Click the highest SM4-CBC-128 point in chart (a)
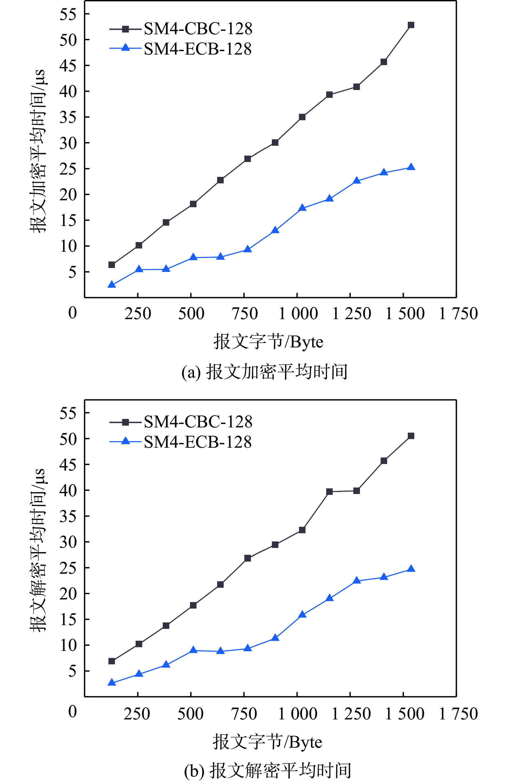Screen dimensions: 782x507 [x=411, y=25]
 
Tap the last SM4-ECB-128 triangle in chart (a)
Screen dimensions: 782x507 [x=411, y=167]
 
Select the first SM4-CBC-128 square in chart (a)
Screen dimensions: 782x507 [x=112, y=265]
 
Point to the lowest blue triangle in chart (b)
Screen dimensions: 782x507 [x=112, y=683]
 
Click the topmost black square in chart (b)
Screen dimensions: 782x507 [x=411, y=436]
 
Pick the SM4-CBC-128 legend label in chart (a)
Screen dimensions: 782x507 [x=198, y=29]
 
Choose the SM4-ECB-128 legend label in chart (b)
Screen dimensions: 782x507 [x=198, y=442]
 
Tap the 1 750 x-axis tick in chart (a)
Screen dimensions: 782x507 [x=458, y=313]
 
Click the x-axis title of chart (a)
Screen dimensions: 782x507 [x=268, y=342]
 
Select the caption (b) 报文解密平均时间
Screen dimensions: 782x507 [x=267, y=771]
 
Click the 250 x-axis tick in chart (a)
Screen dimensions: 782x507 [x=138, y=313]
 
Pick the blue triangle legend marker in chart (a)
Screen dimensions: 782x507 [x=125, y=48]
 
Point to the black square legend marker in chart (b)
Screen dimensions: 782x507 [x=125, y=422]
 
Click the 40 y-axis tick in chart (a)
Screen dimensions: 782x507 [x=68, y=91]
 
